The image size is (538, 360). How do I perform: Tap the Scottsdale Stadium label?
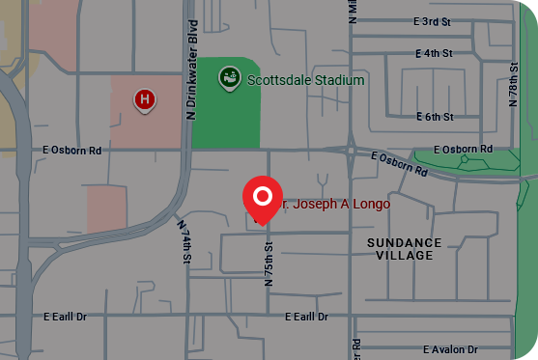pos(305,80)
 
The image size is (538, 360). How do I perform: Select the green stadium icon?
pos(229,75)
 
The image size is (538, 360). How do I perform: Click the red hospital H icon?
pos(145,98)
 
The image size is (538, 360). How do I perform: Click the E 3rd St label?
pos(432,21)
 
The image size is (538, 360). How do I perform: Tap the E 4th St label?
pos(432,52)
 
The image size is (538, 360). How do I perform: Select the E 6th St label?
pos(435,117)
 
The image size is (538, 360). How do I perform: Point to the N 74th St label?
pos(184,241)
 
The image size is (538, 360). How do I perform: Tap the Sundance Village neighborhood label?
pos(405,249)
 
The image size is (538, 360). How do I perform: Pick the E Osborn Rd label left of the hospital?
pos(72,151)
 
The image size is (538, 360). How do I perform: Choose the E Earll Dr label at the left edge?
pos(65,317)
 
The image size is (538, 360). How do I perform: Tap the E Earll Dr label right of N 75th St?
pos(306,317)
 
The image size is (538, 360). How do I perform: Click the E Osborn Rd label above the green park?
pos(463,150)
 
